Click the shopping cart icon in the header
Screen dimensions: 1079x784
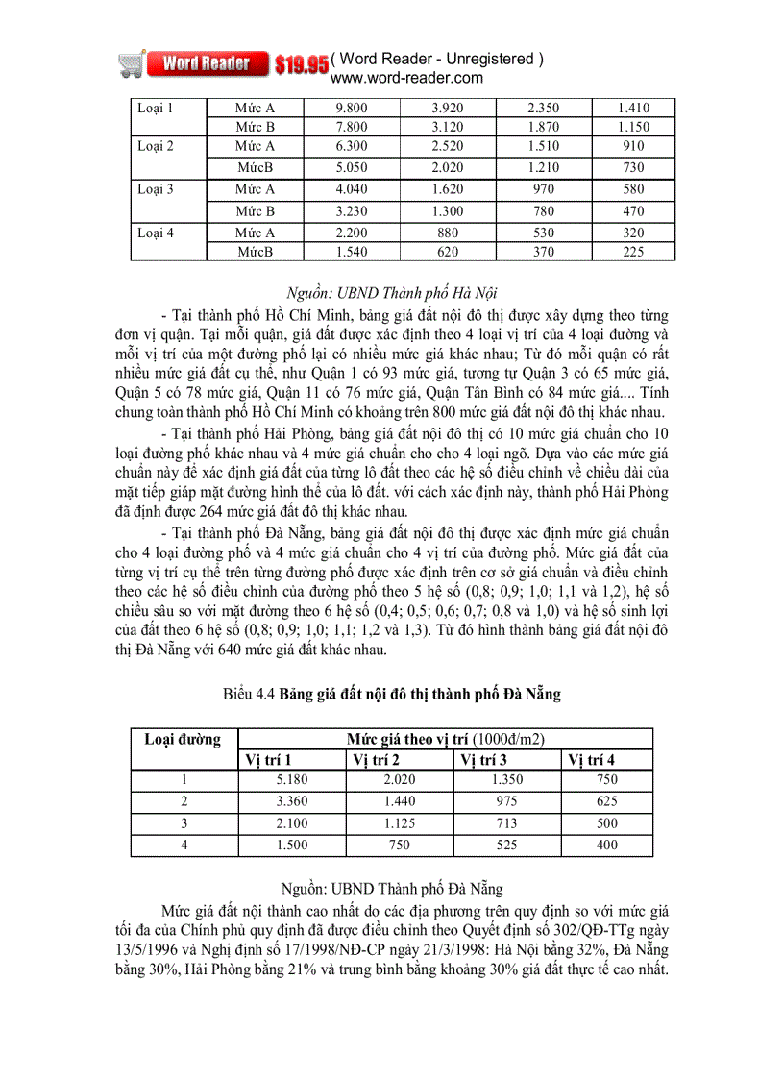133,63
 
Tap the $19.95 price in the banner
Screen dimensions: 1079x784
301,65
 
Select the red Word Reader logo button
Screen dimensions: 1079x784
207,64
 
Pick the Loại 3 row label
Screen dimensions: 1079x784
156,189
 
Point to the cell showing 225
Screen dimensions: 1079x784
632,252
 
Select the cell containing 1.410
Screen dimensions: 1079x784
632,108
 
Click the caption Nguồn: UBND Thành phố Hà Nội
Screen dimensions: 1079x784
391,292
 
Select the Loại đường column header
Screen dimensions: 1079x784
183,739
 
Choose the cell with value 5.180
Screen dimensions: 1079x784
289,780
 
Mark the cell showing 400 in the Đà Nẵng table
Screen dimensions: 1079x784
606,845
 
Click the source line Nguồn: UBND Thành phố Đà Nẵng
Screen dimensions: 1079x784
393,890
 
